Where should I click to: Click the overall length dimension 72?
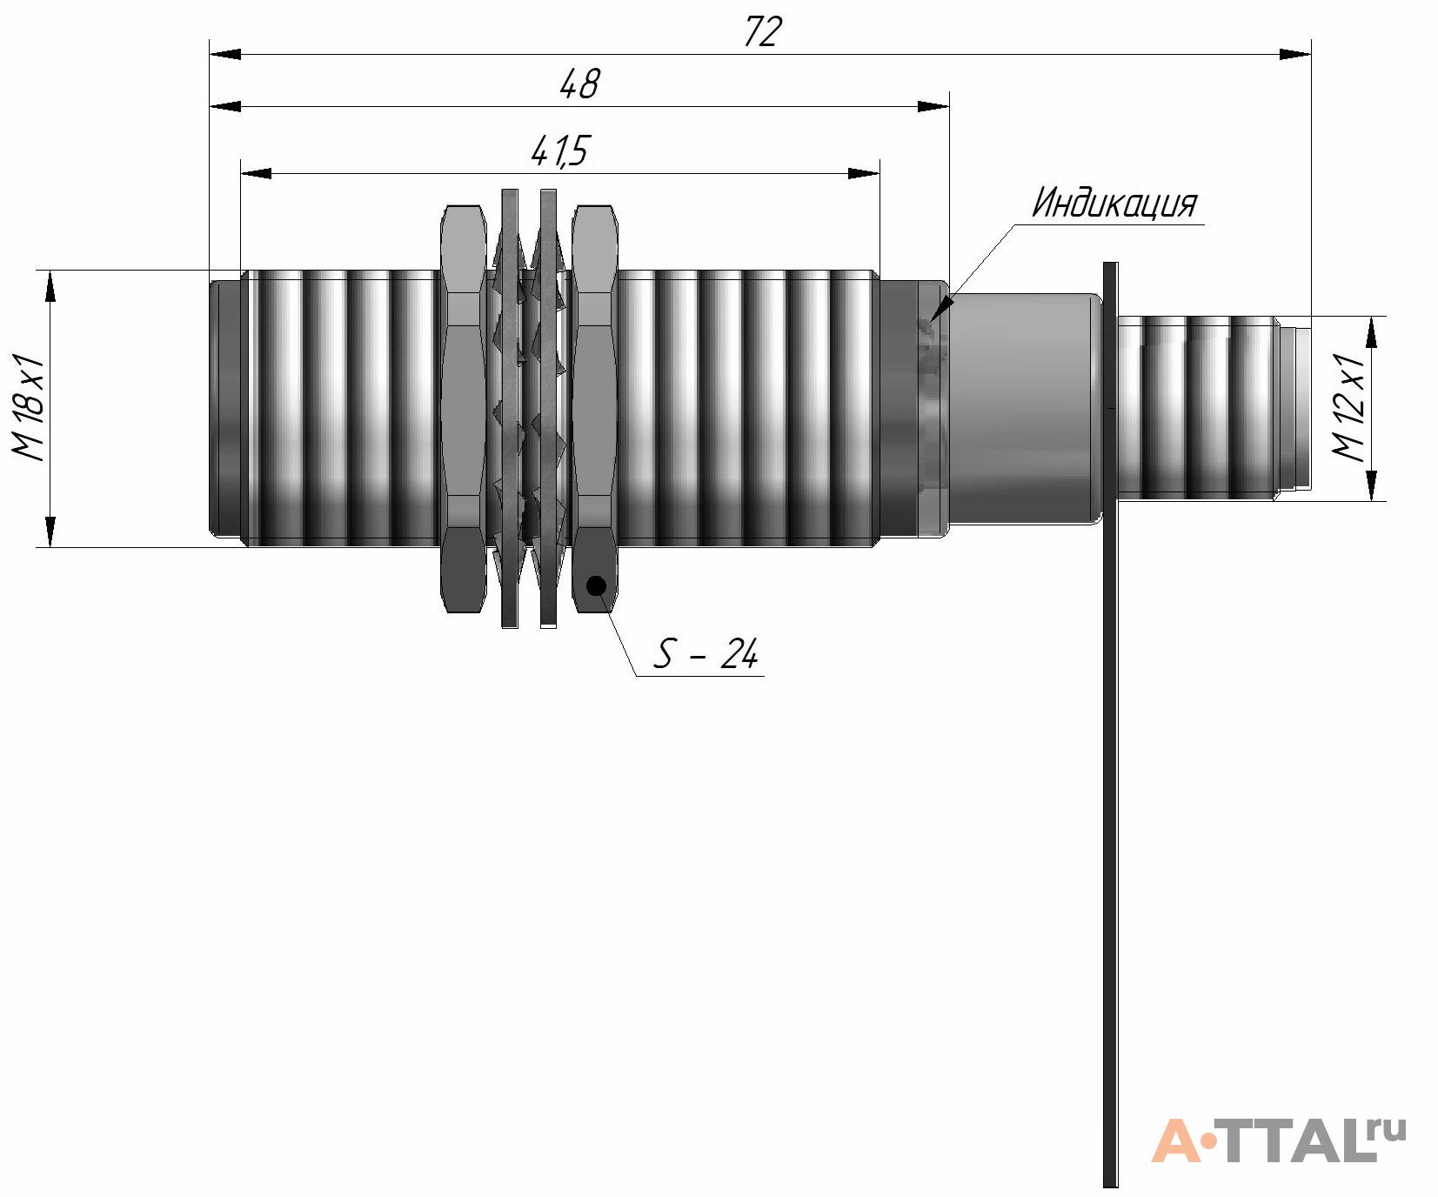[x=763, y=32]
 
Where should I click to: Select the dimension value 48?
[x=579, y=84]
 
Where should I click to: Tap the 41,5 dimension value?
[x=559, y=152]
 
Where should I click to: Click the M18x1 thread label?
[x=28, y=406]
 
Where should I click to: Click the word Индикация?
[x=1114, y=204]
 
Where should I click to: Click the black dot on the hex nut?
[x=596, y=585]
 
